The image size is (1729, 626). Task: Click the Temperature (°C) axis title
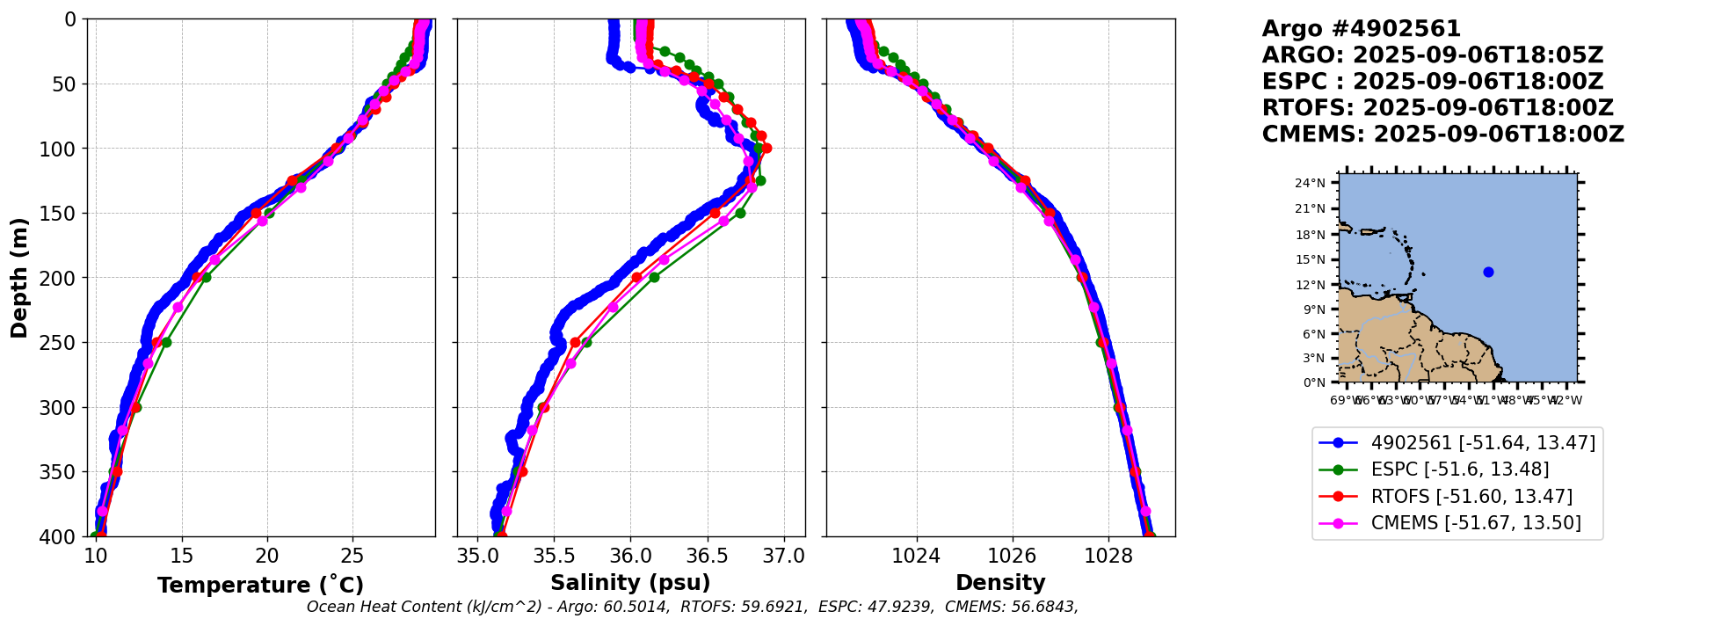click(260, 586)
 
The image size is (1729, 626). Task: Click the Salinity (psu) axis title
click(630, 583)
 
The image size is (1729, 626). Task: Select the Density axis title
click(1000, 583)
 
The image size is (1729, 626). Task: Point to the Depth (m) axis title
click(19, 278)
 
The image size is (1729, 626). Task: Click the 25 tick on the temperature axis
click(352, 556)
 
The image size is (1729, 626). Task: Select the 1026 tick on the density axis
click(1012, 556)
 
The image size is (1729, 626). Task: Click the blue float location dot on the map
click(1488, 272)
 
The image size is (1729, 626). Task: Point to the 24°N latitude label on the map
click(1310, 184)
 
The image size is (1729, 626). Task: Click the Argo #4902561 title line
click(1361, 29)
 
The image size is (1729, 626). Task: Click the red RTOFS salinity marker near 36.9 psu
click(766, 148)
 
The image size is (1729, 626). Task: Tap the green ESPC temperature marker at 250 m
click(166, 342)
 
